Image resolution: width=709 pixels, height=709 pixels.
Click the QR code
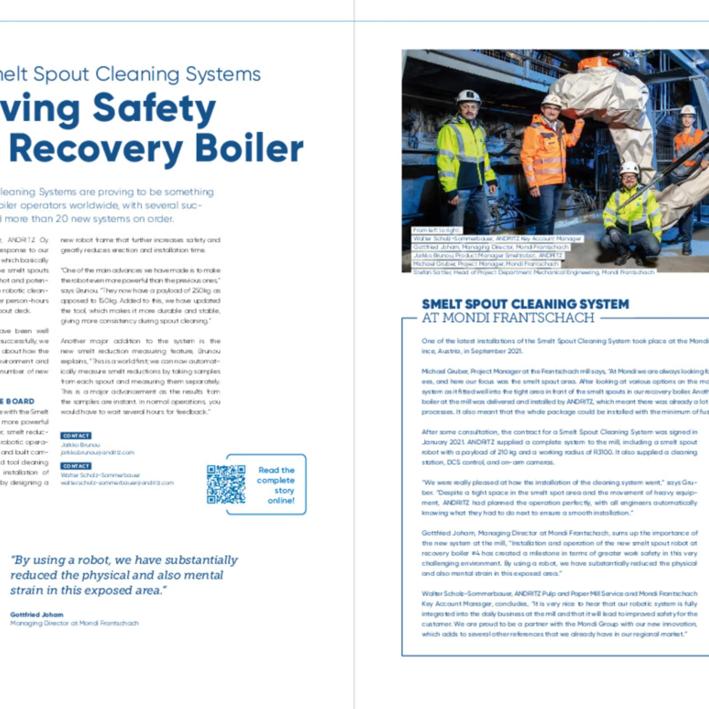coord(226,484)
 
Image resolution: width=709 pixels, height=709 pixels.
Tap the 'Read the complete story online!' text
coord(277,485)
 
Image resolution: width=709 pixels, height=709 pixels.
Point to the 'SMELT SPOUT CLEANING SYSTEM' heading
coord(525,304)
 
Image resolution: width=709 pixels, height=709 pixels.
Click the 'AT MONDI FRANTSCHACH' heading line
coord(508,318)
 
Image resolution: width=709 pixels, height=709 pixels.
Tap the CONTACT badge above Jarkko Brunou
coord(76,436)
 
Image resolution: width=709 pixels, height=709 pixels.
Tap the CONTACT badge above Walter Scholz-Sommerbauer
coord(76,466)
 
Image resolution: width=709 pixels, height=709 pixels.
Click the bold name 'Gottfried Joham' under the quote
coord(37,614)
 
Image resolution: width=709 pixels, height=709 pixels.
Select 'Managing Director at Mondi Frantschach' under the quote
coord(74,623)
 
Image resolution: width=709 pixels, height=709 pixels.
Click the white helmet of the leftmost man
coord(468,97)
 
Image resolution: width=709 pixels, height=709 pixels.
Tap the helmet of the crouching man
coord(629,168)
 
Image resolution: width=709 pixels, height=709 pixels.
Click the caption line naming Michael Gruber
coord(486,264)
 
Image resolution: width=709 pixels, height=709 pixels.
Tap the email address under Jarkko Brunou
coord(97,452)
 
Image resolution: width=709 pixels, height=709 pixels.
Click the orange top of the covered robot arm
coord(594,63)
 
